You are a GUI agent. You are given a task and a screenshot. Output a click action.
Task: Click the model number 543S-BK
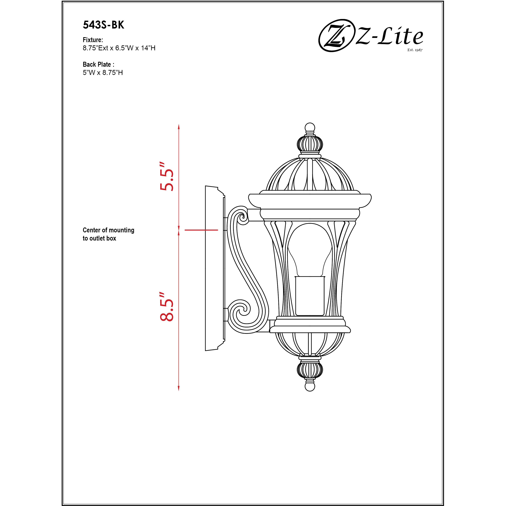(x=103, y=25)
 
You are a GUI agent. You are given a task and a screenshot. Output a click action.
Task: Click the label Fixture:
(x=93, y=40)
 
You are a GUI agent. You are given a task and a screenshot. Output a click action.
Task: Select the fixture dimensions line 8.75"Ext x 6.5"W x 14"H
(x=119, y=48)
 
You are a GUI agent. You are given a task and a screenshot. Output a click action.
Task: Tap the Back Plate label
(x=98, y=64)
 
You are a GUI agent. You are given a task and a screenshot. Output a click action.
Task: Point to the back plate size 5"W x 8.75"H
(x=103, y=73)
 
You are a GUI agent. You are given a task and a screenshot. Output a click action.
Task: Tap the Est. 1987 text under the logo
(x=415, y=50)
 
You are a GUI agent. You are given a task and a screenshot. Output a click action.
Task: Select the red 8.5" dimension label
(x=167, y=306)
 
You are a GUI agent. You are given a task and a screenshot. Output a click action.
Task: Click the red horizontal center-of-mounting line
(x=201, y=230)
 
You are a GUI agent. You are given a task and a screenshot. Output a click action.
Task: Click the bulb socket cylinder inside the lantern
(x=310, y=296)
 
